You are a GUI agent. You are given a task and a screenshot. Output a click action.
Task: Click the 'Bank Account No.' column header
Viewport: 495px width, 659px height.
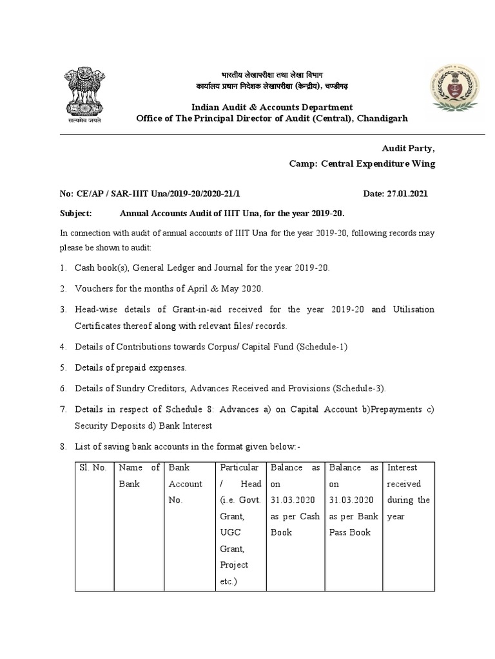tap(186, 484)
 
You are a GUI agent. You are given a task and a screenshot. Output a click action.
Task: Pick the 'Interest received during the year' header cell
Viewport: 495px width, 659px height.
tap(408, 484)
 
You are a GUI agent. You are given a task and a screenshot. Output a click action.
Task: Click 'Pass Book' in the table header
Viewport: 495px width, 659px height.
tap(350, 532)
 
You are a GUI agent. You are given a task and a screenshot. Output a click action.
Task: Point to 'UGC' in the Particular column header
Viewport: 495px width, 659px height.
tap(231, 532)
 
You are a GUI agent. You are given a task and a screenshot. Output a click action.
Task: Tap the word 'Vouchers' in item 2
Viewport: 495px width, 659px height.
tap(95, 288)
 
